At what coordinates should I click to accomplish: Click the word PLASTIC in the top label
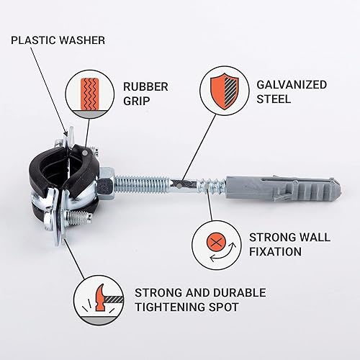[33, 40]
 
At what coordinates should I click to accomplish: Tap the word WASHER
[82, 40]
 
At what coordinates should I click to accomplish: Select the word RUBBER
[145, 87]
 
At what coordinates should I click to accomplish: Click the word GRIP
[136, 101]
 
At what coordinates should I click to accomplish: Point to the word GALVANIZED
[292, 85]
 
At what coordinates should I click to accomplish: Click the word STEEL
[274, 99]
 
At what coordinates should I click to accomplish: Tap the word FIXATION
[275, 252]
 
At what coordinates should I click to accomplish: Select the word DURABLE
[239, 293]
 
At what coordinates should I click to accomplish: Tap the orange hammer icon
[100, 297]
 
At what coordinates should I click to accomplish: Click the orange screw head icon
[216, 242]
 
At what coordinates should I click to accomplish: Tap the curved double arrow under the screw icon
[223, 252]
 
